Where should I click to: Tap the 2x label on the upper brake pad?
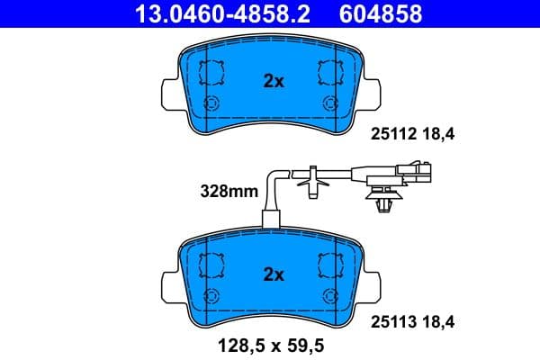(274, 81)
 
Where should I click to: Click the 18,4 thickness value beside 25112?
(439, 136)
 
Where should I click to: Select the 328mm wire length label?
(229, 191)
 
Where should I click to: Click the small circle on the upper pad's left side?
(213, 102)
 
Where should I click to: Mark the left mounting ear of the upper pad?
(168, 91)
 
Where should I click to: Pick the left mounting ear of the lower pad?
(168, 283)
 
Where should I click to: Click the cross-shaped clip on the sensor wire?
(310, 181)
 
